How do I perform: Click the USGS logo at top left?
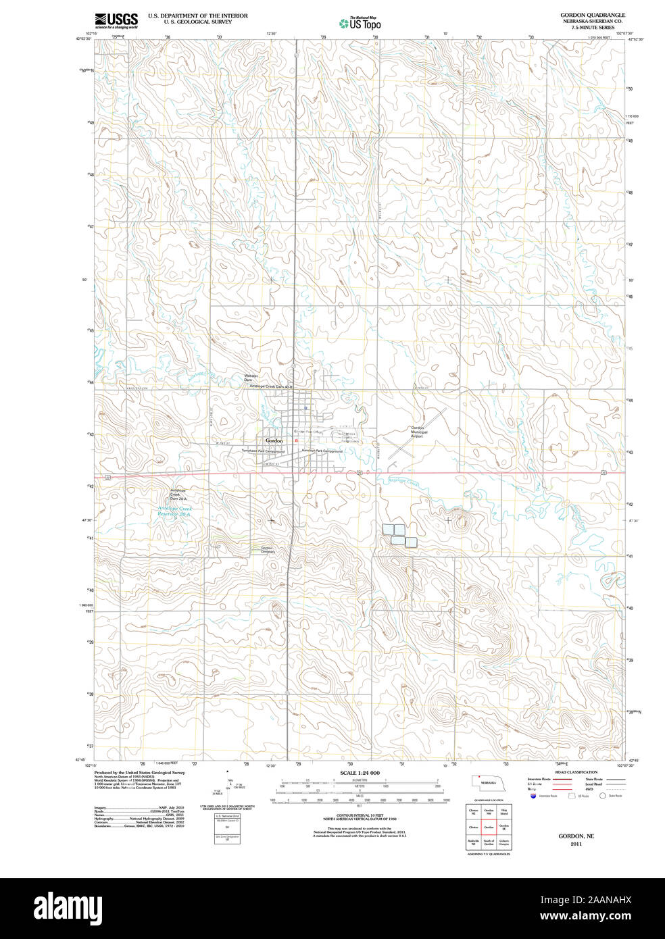tap(116, 20)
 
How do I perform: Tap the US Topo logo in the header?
tap(360, 22)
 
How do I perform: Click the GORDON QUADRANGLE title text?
tap(592, 15)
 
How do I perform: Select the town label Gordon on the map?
tap(274, 440)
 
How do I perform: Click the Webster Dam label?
tap(251, 378)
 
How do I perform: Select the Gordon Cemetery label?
tap(268, 549)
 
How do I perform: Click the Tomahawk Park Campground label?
tap(263, 451)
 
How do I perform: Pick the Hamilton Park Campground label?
tap(322, 451)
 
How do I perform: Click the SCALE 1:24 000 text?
tap(360, 772)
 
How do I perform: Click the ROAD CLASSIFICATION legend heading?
tap(576, 771)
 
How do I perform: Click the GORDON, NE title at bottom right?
tap(576, 836)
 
